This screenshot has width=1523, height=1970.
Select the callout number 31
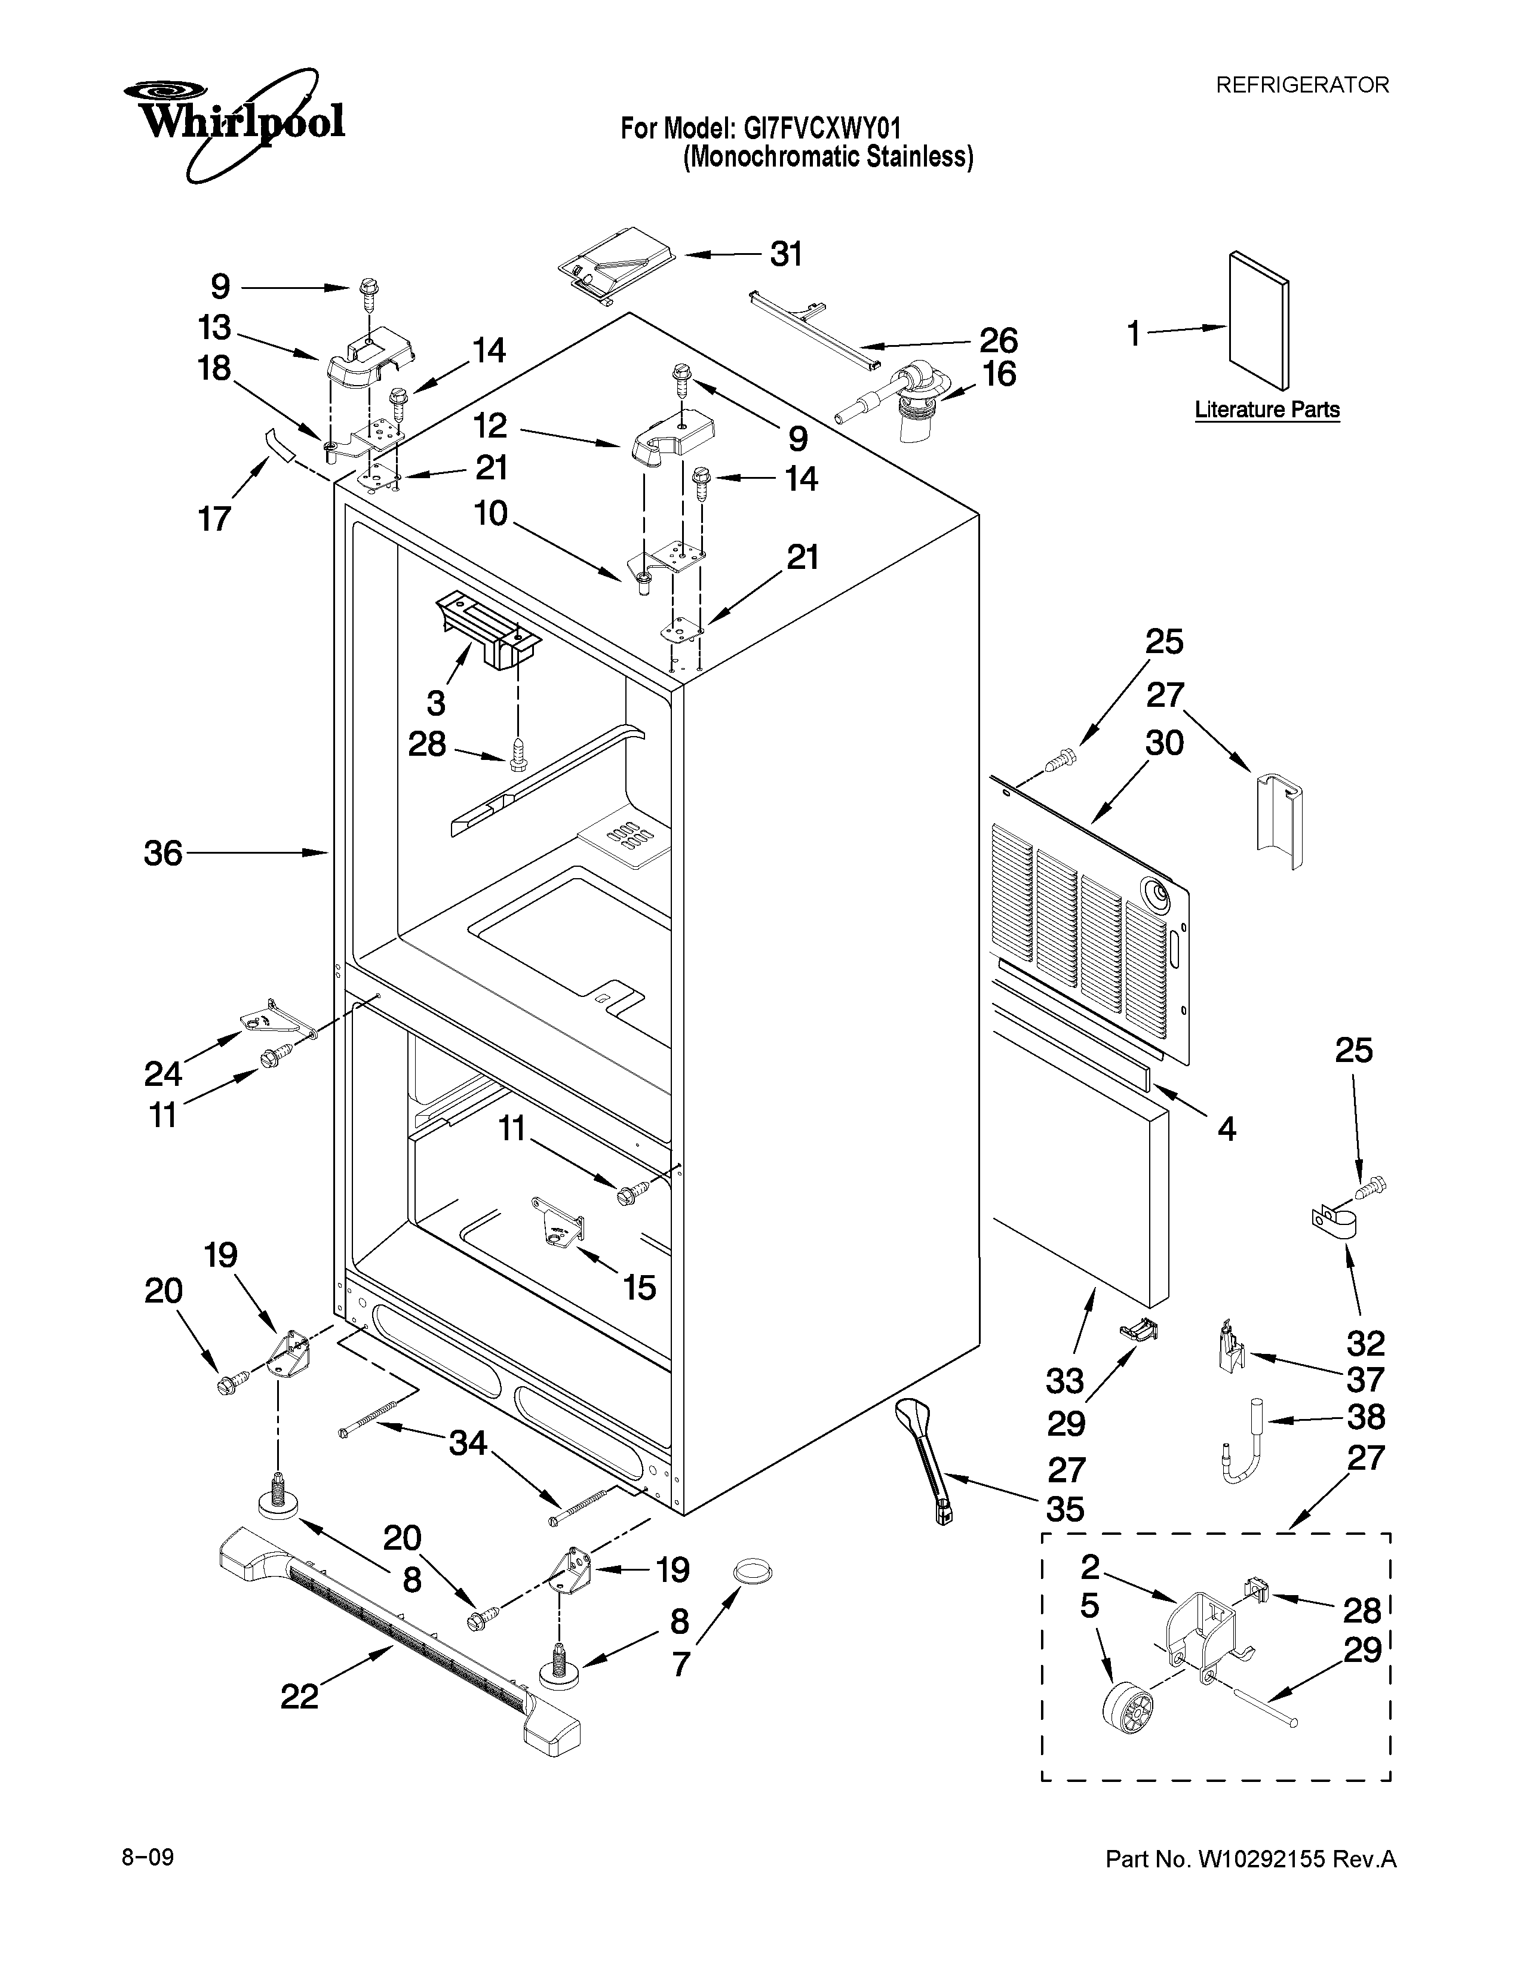click(786, 256)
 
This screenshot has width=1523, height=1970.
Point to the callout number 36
click(163, 853)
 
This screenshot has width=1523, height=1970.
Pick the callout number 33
click(1065, 1381)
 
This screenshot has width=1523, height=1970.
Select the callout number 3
click(436, 703)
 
